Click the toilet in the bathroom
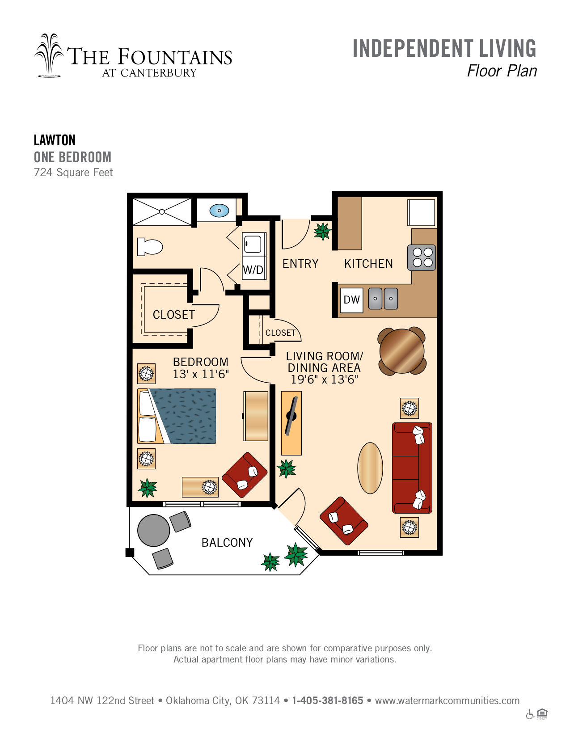[x=149, y=247]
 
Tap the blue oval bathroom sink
[x=219, y=211]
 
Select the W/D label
[x=253, y=270]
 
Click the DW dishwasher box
[x=351, y=300]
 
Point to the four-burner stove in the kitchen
[x=421, y=257]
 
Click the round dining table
[x=402, y=351]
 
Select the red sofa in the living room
[x=412, y=468]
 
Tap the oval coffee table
[x=370, y=468]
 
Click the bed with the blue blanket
[x=177, y=416]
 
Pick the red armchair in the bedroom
[x=245, y=475]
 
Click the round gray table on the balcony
[x=153, y=530]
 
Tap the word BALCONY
[x=227, y=543]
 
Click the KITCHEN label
[x=368, y=264]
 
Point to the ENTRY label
[x=300, y=264]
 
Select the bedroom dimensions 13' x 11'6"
[x=201, y=374]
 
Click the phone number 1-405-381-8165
[x=327, y=700]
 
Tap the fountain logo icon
[x=50, y=55]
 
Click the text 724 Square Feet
[x=73, y=173]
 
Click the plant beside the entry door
[x=322, y=231]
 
